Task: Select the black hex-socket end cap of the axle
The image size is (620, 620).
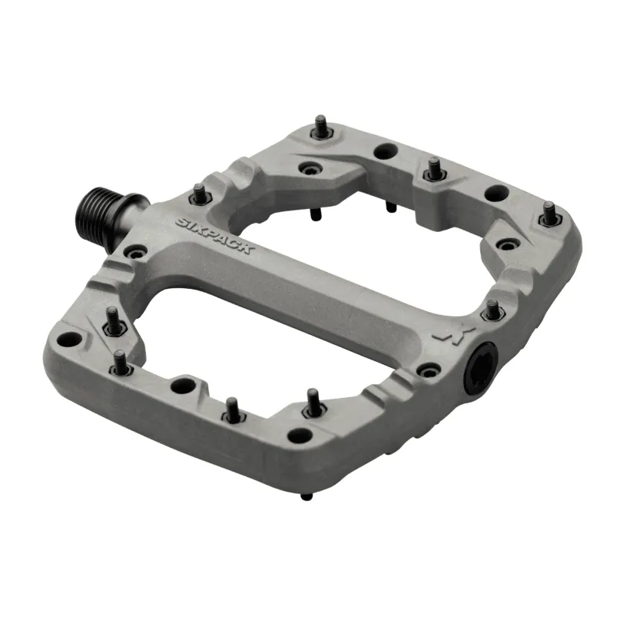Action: (480, 369)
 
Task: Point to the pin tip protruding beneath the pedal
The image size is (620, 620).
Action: (307, 496)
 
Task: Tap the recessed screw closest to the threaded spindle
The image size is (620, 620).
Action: (136, 251)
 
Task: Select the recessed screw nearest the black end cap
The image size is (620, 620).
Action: (429, 371)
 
